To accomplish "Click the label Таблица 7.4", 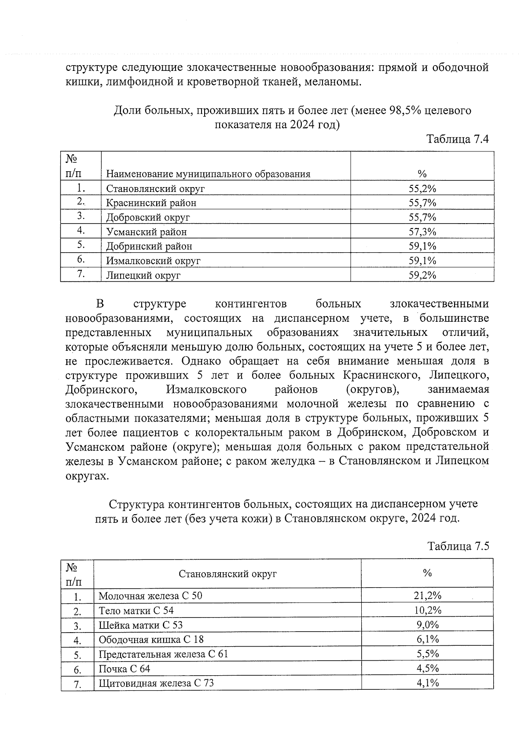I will pyautogui.click(x=458, y=139).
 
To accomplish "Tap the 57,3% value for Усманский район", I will pyautogui.click(x=422, y=232).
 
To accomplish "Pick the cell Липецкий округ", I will pyautogui.click(x=143, y=276).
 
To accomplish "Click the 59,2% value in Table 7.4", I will pyautogui.click(x=422, y=275).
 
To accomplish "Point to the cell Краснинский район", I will pyautogui.click(x=151, y=203).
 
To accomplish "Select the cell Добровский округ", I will pyautogui.click(x=148, y=217).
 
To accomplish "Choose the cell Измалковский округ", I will pyautogui.click(x=153, y=261).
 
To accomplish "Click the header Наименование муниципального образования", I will pyautogui.click(x=208, y=174).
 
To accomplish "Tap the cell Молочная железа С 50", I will pyautogui.click(x=150, y=596).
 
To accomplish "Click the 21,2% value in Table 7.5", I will pyautogui.click(x=427, y=596).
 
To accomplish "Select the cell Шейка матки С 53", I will pyautogui.click(x=140, y=625).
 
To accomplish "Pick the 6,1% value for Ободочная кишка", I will pyautogui.click(x=427, y=639).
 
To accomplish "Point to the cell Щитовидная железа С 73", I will pyautogui.click(x=156, y=683).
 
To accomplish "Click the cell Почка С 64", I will pyautogui.click(x=124, y=669).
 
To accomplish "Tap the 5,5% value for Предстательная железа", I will pyautogui.click(x=427, y=654).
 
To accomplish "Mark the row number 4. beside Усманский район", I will pyautogui.click(x=81, y=231).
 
